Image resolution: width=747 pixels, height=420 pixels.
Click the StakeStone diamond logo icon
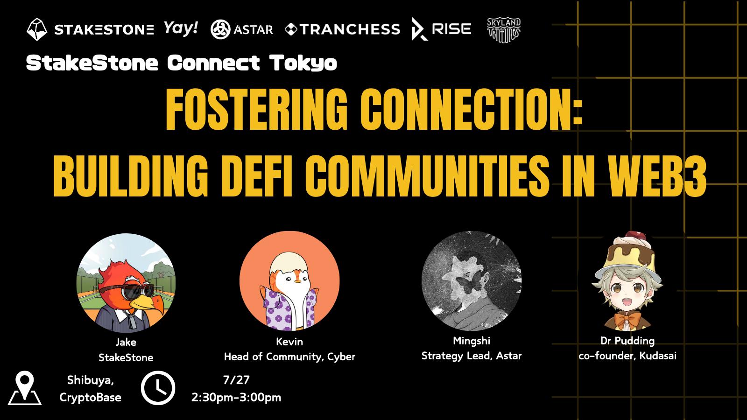point(37,29)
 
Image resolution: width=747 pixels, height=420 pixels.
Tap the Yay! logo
point(181,28)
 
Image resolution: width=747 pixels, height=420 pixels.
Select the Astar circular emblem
point(220,29)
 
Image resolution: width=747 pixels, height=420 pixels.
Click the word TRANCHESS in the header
point(350,29)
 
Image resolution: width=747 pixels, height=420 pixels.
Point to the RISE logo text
point(451,29)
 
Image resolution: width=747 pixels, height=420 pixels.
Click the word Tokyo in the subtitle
point(303,63)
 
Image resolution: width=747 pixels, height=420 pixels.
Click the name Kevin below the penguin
point(289,342)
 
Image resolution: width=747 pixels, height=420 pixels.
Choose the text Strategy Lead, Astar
point(472,356)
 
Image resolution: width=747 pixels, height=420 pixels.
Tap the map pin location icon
point(25,388)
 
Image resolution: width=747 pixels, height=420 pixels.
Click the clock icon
point(158,388)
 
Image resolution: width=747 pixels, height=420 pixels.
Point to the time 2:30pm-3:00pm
point(236,397)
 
